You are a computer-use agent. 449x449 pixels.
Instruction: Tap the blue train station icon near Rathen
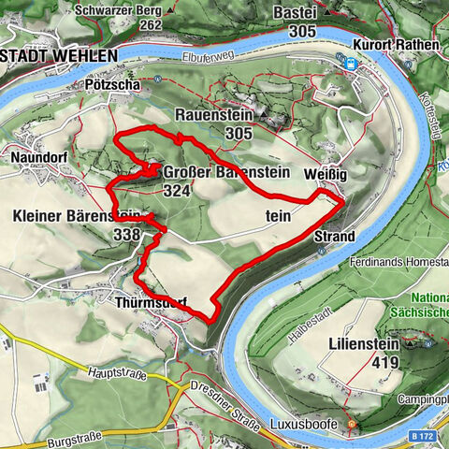click(351, 64)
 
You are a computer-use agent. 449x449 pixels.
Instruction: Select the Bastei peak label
click(295, 12)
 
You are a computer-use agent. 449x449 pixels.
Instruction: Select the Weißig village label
click(326, 175)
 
